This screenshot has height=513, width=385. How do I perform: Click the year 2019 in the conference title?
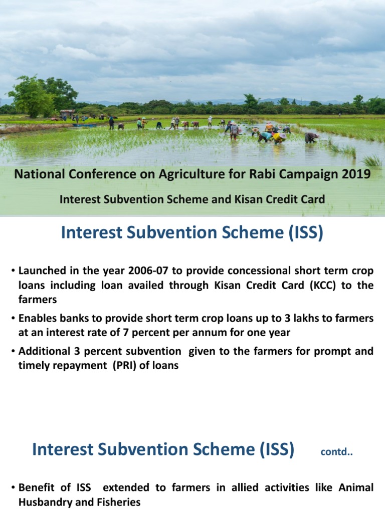pyautogui.click(x=358, y=174)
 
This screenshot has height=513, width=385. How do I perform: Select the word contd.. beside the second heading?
pyautogui.click(x=336, y=453)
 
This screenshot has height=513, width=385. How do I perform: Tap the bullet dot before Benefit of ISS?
pyautogui.click(x=13, y=487)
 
